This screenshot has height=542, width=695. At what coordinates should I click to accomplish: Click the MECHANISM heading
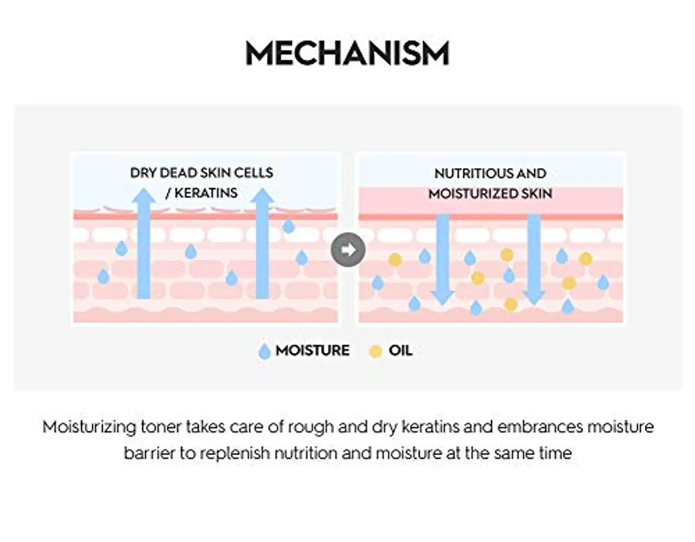coord(347,54)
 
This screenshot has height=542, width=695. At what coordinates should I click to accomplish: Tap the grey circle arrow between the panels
coord(348,250)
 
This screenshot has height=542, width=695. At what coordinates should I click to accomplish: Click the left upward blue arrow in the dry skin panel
coord(144,243)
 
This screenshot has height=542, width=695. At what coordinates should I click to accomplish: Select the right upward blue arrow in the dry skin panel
coord(262,243)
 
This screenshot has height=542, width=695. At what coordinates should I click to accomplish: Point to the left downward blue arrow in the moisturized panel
coord(443,260)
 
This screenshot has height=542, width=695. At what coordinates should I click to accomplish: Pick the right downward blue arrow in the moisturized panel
coord(534,260)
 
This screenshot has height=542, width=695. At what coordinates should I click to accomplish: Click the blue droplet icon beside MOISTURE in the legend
coord(264,351)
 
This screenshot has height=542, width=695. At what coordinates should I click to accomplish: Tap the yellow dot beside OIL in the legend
coord(375,351)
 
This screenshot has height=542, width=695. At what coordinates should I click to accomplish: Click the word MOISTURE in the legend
coord(312,350)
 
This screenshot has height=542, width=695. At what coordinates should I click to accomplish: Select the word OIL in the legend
coord(401,350)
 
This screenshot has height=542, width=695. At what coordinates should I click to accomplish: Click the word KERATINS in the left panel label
coord(206,193)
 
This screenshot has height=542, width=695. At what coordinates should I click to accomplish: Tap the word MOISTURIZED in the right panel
coord(473,194)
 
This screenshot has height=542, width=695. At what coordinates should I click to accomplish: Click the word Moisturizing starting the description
coord(89,428)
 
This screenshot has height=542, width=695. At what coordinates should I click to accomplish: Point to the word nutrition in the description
coord(306,453)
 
